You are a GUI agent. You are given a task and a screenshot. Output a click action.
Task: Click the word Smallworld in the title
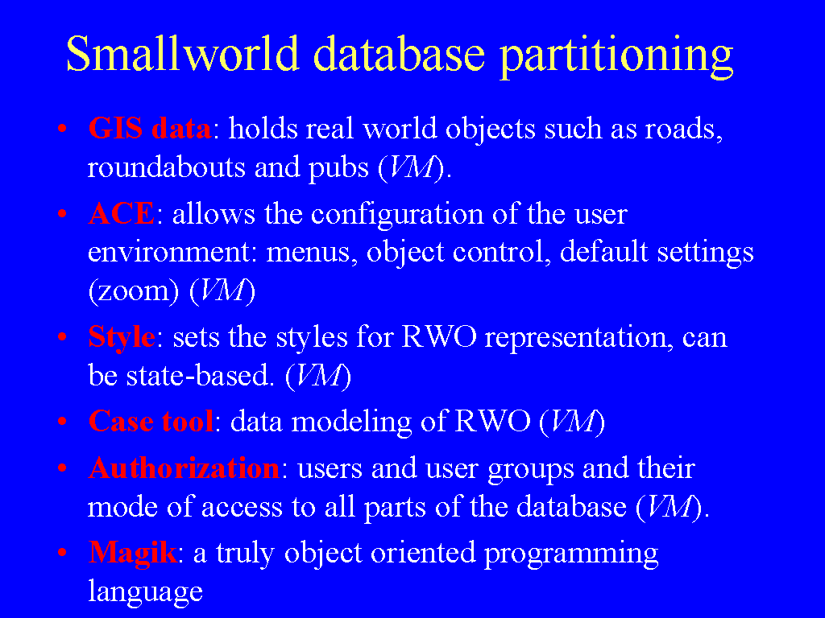[183, 53]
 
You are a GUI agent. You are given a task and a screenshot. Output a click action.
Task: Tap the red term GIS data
[149, 128]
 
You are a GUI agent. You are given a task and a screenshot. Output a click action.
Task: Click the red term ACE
[122, 213]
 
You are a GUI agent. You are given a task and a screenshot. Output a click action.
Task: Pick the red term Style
[122, 337]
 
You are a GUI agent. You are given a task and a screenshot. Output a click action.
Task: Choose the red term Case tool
[151, 421]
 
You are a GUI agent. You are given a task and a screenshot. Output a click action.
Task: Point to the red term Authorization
[184, 468]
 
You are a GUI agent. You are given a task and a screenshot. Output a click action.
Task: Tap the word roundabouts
[167, 167]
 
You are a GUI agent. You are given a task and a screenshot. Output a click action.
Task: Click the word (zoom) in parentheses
[135, 291]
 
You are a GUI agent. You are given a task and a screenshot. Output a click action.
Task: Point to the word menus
[309, 253]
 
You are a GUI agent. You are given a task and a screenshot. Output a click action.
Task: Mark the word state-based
[200, 375]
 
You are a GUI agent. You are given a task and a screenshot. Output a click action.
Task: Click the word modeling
[351, 422]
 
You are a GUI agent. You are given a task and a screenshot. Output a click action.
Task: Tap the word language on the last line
[145, 593]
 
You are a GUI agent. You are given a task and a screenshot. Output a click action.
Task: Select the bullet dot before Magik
[62, 553]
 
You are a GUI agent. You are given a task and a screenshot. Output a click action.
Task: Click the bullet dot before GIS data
[62, 128]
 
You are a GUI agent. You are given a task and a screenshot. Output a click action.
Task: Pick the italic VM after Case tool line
[572, 422]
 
